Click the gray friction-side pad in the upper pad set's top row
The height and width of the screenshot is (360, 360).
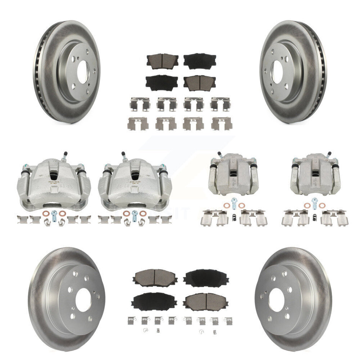coord(163,61)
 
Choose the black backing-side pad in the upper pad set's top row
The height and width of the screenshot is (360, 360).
coord(200,61)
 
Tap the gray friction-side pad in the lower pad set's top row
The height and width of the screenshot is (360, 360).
coord(150,278)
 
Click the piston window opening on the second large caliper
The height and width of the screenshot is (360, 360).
coord(135,175)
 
